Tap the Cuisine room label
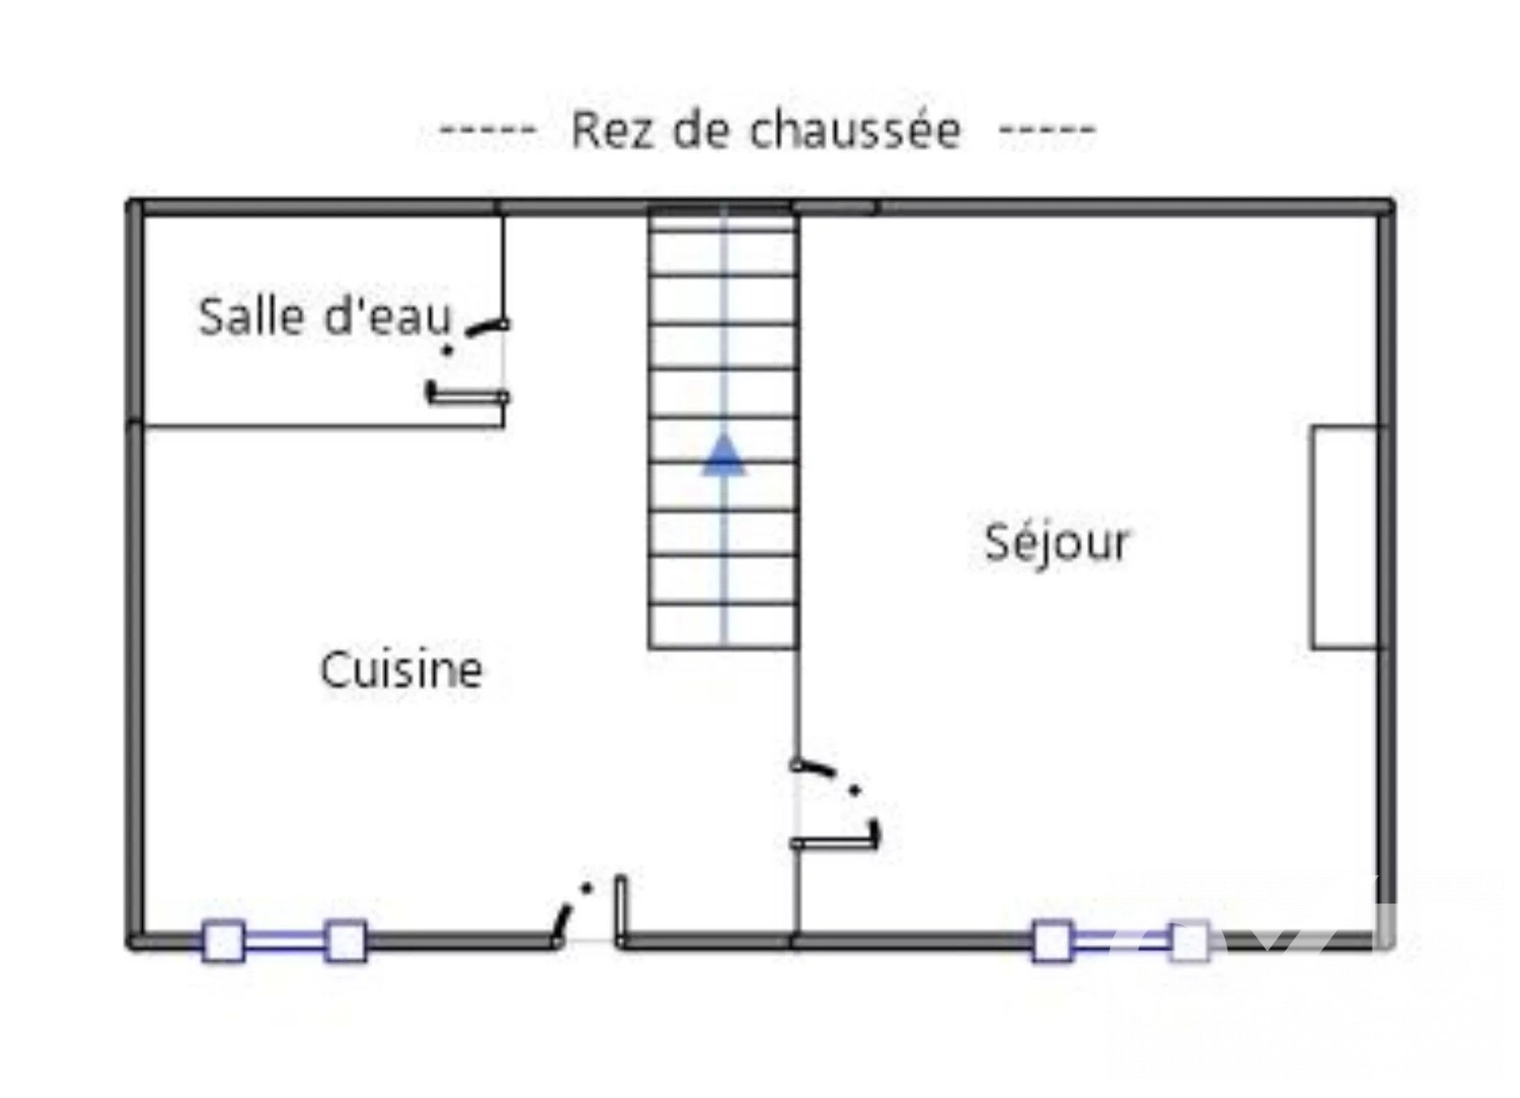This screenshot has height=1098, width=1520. (401, 669)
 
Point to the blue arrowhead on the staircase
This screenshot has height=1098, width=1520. (723, 455)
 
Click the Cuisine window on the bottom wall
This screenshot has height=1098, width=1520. (285, 941)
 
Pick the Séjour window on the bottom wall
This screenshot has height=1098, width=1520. (1120, 941)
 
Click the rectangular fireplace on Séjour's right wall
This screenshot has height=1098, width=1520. (1344, 537)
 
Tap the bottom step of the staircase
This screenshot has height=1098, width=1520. (723, 627)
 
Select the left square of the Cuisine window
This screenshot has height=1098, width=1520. (223, 941)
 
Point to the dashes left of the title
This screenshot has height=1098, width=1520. (487, 129)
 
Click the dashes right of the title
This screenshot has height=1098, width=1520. (1046, 129)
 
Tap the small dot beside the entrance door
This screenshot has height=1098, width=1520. (587, 887)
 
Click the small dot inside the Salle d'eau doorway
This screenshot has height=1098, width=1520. (447, 349)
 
